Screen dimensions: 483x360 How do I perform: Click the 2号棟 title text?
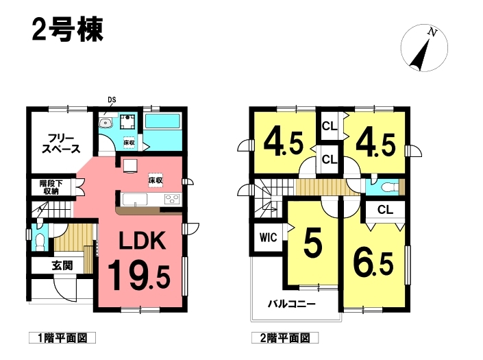tap(67, 30)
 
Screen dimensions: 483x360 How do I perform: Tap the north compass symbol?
tap(424, 48)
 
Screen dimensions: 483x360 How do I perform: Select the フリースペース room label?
tap(62, 143)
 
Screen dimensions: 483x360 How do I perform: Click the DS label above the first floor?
tap(112, 99)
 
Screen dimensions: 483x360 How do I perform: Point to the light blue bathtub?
tap(162, 121)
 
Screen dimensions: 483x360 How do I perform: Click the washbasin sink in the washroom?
tap(107, 122)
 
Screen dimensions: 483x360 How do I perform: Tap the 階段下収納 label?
tap(51, 187)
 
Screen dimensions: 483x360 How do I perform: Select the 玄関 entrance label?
tap(62, 265)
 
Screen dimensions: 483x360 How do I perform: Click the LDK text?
tap(143, 241)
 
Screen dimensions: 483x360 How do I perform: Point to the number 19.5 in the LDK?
tap(139, 275)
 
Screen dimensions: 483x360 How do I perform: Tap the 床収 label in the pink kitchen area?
tap(156, 180)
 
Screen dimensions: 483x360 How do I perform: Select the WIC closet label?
tap(269, 238)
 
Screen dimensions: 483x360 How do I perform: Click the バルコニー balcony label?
tap(291, 304)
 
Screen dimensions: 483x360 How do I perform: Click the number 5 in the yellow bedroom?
tap(312, 243)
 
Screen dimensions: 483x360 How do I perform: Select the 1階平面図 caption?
tap(62, 338)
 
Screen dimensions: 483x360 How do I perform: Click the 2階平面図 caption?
tap(285, 338)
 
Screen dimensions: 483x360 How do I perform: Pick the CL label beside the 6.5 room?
tap(385, 210)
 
